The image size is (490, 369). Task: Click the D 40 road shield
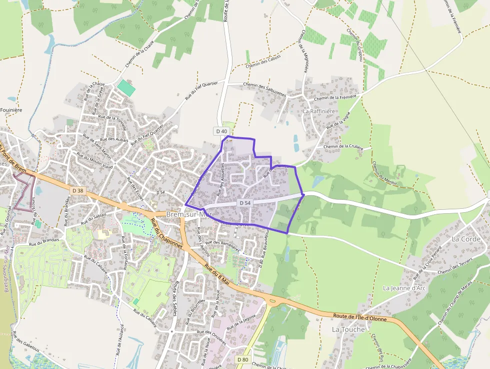pyautogui.click(x=221, y=131)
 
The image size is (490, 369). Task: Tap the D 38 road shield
pyautogui.click(x=77, y=191)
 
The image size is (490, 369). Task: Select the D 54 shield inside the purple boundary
pyautogui.click(x=244, y=203)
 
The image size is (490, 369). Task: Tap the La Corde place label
pyautogui.click(x=465, y=239)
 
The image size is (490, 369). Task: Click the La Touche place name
pyautogui.click(x=348, y=329)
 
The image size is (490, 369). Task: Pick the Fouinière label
pyautogui.click(x=11, y=110)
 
